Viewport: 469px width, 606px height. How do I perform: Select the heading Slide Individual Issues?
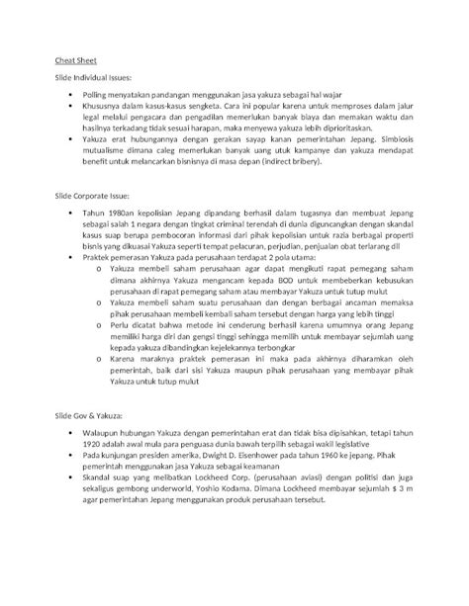[x=100, y=76]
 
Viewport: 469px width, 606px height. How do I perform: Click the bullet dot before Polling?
[x=70, y=94]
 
